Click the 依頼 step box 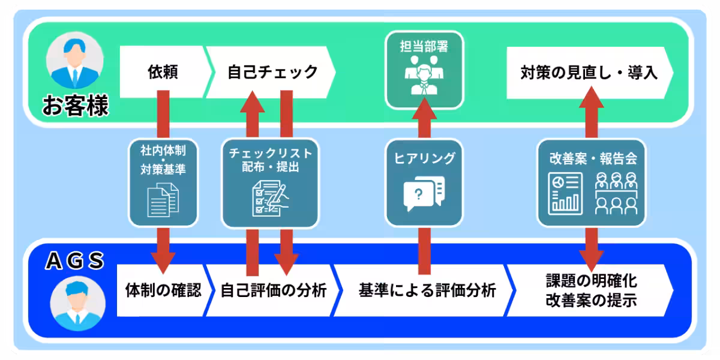(x=163, y=73)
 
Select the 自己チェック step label (x=272, y=73)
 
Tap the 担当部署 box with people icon (x=425, y=70)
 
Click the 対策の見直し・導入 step (x=589, y=73)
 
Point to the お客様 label (x=75, y=107)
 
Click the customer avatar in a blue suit (x=74, y=63)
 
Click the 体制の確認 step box (x=163, y=291)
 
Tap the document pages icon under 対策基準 (x=163, y=200)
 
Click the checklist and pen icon (x=269, y=199)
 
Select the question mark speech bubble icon (x=424, y=192)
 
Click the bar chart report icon (x=565, y=193)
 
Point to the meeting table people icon (x=615, y=193)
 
